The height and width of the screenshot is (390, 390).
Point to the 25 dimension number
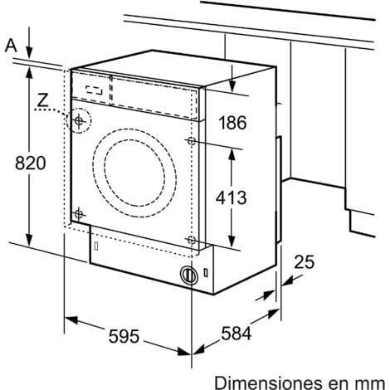pyautogui.click(x=305, y=263)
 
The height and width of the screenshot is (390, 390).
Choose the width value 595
pyautogui.click(x=124, y=339)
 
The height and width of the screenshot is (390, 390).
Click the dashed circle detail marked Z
pyautogui.click(x=79, y=122)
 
